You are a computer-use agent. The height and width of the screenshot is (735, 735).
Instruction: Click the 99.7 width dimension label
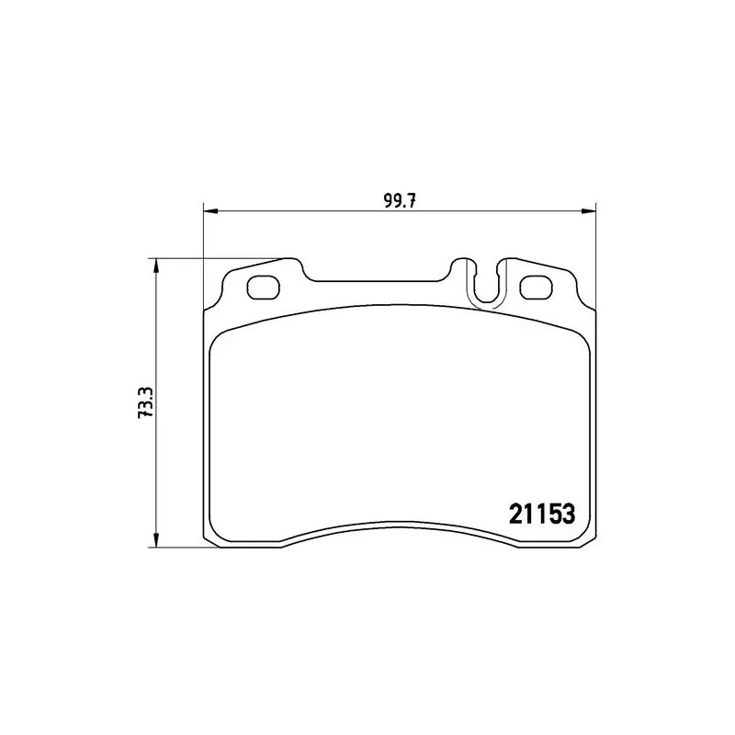[x=401, y=201]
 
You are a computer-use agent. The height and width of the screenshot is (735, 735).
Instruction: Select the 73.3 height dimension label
[x=146, y=402]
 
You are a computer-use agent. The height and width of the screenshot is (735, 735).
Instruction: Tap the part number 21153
[x=542, y=514]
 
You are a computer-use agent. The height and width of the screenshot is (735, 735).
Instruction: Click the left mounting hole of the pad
[x=263, y=287]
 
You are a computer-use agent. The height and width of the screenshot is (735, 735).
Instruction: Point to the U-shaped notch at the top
[x=488, y=300]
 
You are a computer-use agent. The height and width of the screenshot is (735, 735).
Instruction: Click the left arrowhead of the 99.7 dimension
[x=211, y=211]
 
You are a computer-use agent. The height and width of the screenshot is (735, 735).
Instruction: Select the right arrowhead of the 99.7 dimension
[x=588, y=211]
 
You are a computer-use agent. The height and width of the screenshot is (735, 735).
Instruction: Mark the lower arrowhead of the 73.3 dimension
[x=156, y=539]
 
